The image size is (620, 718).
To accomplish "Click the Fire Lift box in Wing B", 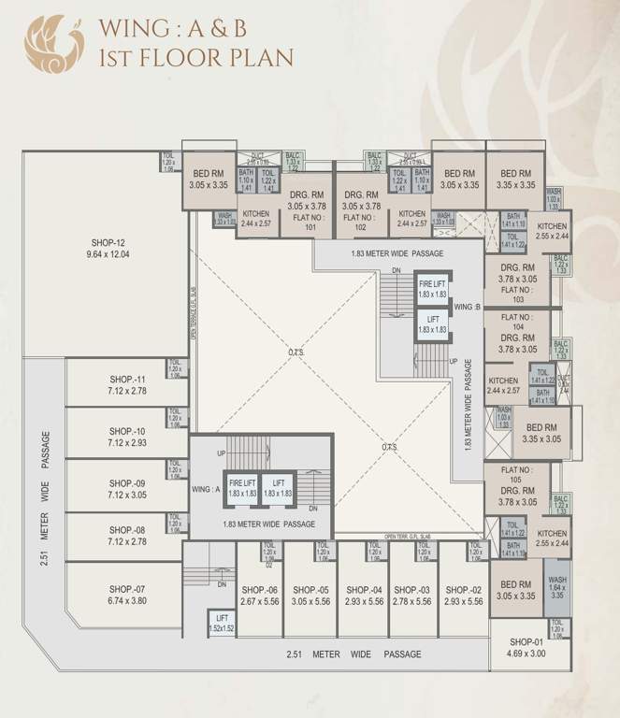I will (x=431, y=289).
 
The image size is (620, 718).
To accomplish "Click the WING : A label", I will (x=206, y=489).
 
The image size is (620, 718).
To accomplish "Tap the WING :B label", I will (x=467, y=307).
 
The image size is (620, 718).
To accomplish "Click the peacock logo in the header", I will (x=54, y=43).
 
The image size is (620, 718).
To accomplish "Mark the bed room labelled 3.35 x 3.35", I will (x=516, y=179).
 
